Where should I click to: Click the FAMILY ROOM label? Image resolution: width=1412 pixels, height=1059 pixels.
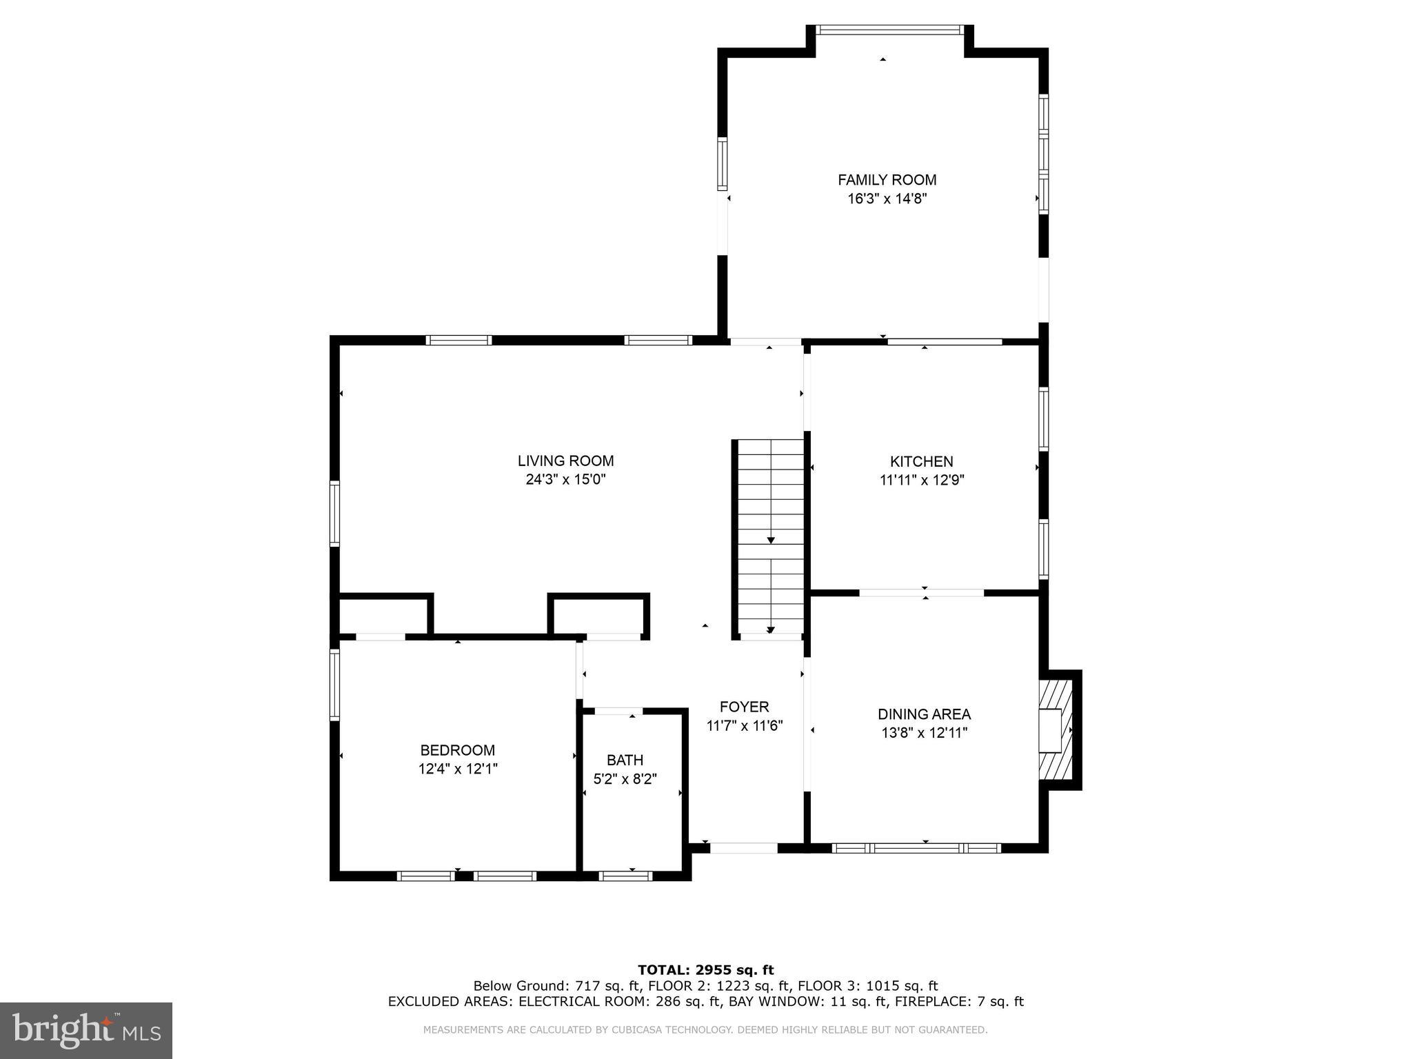pos(887,180)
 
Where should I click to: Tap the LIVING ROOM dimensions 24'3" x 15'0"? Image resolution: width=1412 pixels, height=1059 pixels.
pos(565,480)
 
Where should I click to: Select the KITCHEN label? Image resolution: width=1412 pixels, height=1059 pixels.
pos(921,462)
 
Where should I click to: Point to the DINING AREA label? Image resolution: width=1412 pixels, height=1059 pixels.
pos(924,714)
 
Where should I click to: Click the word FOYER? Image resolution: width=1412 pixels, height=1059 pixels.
pos(744,707)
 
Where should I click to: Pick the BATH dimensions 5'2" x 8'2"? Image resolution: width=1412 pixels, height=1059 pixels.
pos(625,779)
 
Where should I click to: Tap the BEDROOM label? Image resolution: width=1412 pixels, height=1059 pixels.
pos(458,750)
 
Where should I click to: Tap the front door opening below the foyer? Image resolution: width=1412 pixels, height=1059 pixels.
pos(744,848)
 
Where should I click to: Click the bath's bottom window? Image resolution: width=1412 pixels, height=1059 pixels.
pos(625,876)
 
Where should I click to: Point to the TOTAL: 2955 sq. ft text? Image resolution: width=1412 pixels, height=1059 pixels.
pos(705,970)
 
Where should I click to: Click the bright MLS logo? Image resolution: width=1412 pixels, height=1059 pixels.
pos(86,1031)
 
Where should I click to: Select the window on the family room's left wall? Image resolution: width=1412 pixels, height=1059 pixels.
pos(722,164)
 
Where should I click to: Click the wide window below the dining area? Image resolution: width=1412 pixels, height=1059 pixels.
pos(917,848)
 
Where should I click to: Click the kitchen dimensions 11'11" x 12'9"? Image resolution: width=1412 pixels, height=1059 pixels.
pos(921,481)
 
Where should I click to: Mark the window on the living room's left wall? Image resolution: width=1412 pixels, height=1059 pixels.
pos(334,514)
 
